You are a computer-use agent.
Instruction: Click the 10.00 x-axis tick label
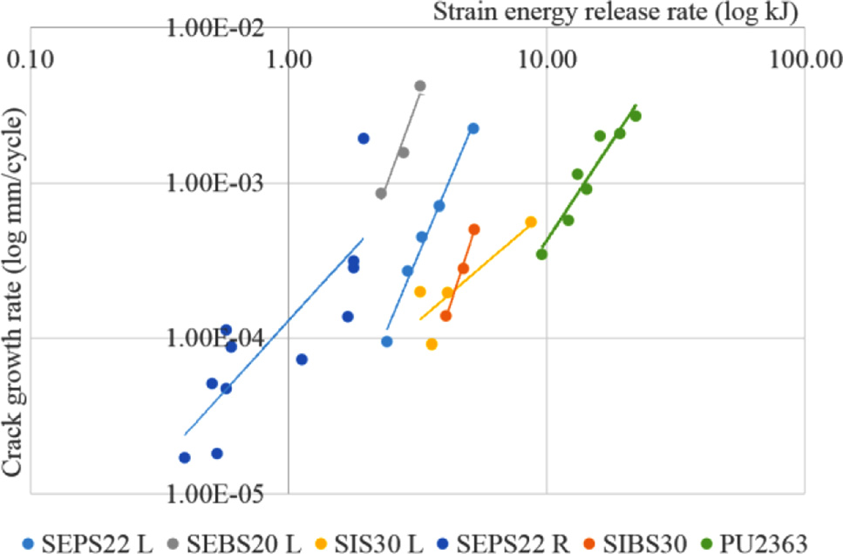click(x=547, y=61)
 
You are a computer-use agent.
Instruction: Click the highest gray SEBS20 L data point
click(x=420, y=85)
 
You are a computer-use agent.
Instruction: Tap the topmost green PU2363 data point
click(x=636, y=116)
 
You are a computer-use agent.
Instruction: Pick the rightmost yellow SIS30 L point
click(x=531, y=222)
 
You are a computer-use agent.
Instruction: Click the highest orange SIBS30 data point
click(x=474, y=229)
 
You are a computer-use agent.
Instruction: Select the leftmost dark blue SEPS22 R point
click(x=185, y=457)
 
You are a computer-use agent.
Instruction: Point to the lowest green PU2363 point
click(x=541, y=254)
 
